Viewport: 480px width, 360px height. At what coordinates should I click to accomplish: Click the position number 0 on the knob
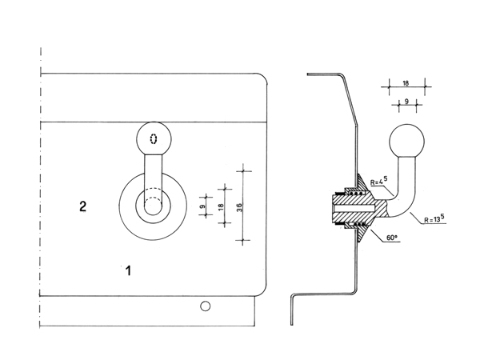[154, 139]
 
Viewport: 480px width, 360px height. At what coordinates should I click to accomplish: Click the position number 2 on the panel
[82, 206]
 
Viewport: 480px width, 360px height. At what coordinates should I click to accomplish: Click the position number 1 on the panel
[129, 271]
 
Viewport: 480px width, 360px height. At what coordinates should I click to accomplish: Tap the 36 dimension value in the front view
[239, 207]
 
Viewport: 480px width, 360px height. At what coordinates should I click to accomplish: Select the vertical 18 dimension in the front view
[221, 207]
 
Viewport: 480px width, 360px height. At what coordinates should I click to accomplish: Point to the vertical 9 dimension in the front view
[202, 206]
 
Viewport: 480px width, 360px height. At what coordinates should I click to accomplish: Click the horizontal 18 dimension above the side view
[406, 83]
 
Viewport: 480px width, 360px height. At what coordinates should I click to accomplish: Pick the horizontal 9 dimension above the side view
[406, 101]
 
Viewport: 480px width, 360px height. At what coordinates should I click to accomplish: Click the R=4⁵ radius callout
[378, 181]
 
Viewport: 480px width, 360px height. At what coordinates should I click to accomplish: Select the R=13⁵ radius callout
[434, 219]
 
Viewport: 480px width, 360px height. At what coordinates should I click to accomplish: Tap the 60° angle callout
[391, 238]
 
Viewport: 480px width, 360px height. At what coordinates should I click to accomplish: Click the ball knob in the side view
[407, 142]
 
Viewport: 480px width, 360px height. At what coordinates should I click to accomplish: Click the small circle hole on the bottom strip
[205, 306]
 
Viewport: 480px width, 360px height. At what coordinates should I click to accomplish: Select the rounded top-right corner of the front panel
[263, 77]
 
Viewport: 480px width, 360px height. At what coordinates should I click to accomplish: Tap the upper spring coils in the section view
[357, 194]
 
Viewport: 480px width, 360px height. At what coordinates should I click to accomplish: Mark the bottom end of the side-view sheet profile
[291, 325]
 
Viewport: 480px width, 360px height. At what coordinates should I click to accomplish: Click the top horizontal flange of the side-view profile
[324, 74]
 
